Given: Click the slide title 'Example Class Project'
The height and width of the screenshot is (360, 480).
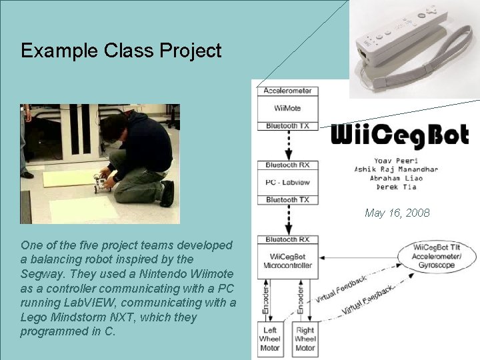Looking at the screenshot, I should pos(121,51).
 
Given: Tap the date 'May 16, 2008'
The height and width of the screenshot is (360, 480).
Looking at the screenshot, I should pos(397,213).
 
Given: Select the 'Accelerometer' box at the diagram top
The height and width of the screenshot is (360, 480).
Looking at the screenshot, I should pos(287,91).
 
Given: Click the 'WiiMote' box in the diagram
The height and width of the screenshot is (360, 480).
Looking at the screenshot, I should pos(287,107).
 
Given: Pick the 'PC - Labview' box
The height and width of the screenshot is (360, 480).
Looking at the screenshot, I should pos(287,182).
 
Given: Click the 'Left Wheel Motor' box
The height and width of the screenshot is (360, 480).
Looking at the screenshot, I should pos(270,339).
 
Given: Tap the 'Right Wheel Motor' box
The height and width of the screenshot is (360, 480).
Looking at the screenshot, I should pos(305,339).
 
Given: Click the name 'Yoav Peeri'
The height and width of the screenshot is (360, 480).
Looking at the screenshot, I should pos(397,160).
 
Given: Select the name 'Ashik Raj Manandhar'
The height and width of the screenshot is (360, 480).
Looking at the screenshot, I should pos(397,169).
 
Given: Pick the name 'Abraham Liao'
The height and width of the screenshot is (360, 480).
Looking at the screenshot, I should pos(397,178).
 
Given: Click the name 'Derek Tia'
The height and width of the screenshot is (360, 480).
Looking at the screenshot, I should pos(397,187).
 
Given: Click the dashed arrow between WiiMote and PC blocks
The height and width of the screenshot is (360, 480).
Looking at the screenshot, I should pos(287,145).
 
